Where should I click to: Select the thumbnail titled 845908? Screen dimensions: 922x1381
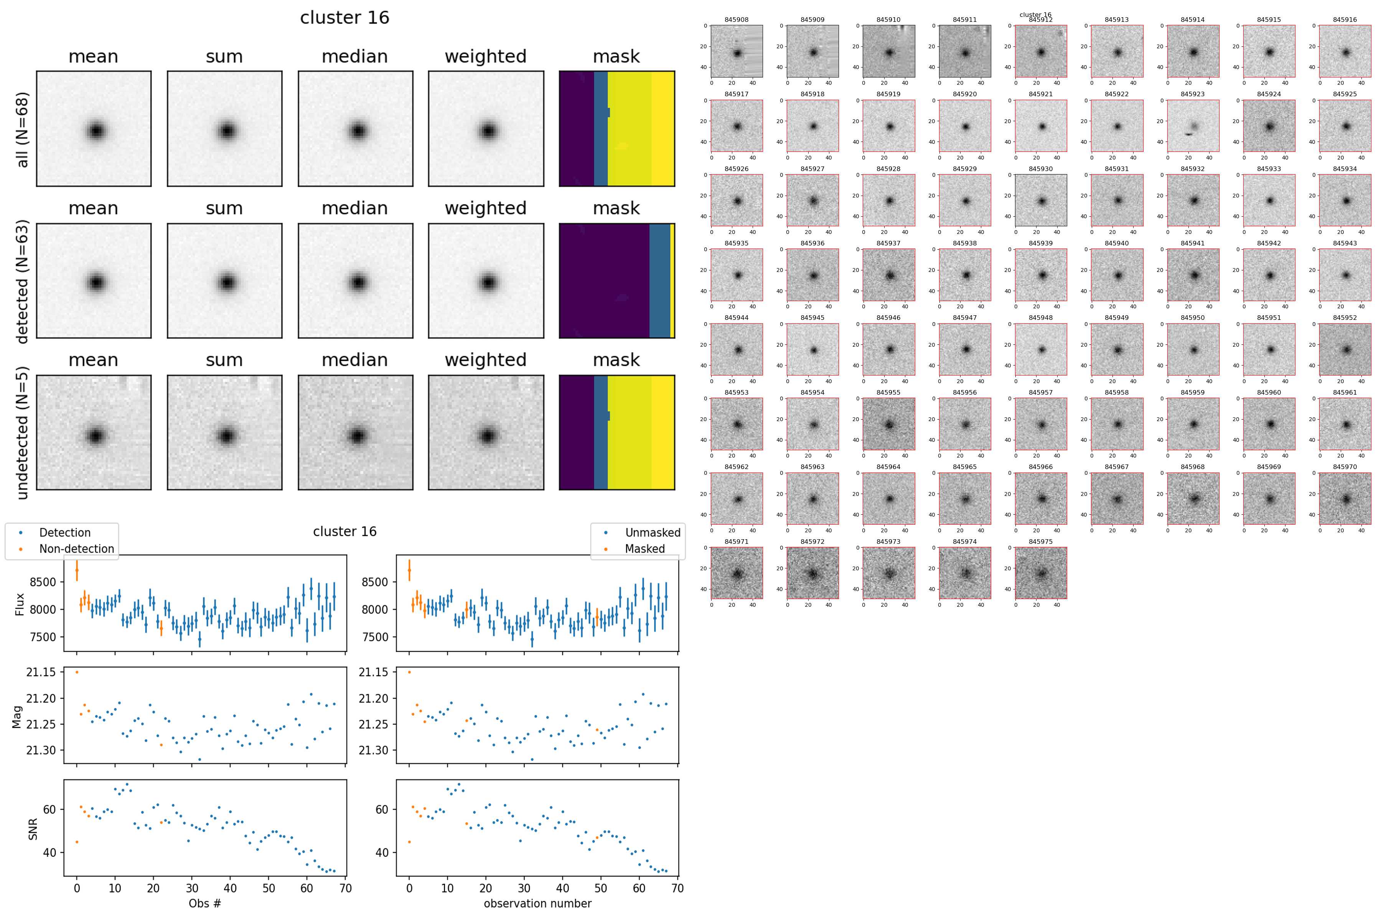[x=737, y=51]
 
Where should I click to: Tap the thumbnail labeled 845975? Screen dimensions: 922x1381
[x=1041, y=573]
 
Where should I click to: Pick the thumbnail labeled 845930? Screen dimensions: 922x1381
[x=1041, y=201]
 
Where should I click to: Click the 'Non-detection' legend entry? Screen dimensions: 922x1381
[x=76, y=548]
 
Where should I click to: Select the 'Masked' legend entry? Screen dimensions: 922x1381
[x=644, y=548]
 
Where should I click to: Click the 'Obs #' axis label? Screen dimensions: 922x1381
[x=205, y=903]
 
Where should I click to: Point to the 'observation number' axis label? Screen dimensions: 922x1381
[x=537, y=903]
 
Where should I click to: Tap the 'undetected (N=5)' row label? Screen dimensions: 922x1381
[x=22, y=433]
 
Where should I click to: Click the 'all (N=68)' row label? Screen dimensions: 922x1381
[x=22, y=129]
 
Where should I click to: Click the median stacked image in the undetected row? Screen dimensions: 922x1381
[x=355, y=432]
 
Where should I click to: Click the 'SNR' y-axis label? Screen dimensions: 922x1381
[x=33, y=829]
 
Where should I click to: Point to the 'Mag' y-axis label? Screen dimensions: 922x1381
[x=17, y=717]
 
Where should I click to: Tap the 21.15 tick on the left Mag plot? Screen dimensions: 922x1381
[x=41, y=672]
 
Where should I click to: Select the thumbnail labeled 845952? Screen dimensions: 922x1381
[x=1345, y=349]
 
